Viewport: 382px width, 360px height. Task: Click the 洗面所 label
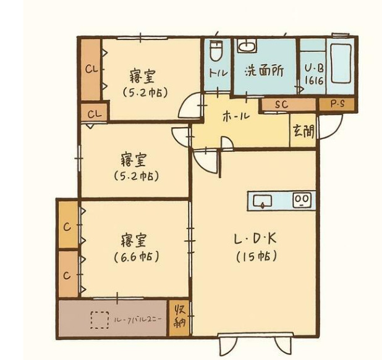pyautogui.click(x=264, y=70)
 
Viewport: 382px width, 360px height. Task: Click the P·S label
pyautogui.click(x=337, y=104)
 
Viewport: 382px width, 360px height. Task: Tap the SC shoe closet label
pyautogui.click(x=281, y=104)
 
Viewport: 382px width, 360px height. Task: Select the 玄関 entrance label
pyautogui.click(x=303, y=131)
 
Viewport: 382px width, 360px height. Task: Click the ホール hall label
pyautogui.click(x=236, y=115)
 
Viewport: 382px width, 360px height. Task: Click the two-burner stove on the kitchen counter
pyautogui.click(x=301, y=199)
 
